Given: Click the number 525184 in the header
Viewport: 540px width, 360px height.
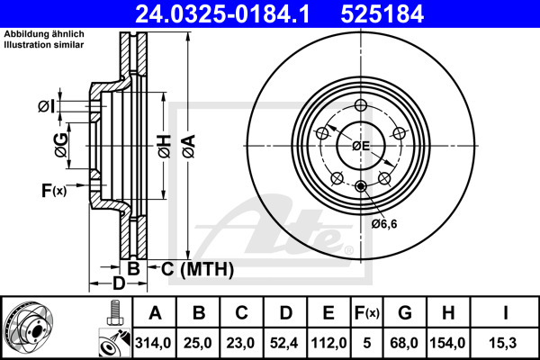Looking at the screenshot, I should [391, 13].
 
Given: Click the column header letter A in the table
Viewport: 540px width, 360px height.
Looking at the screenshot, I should [154, 312].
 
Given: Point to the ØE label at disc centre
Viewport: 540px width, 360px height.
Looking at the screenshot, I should [361, 146].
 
